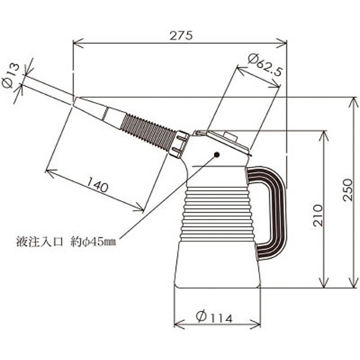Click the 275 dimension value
tap(181, 35)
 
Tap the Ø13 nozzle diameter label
tap(11, 76)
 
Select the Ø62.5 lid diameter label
tap(265, 65)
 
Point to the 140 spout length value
tap(97, 184)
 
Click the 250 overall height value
tap(347, 190)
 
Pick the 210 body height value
tap(318, 215)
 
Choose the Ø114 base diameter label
tap(214, 317)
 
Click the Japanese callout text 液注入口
tap(40, 242)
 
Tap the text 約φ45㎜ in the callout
tap(93, 242)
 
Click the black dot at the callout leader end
tap(217, 155)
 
